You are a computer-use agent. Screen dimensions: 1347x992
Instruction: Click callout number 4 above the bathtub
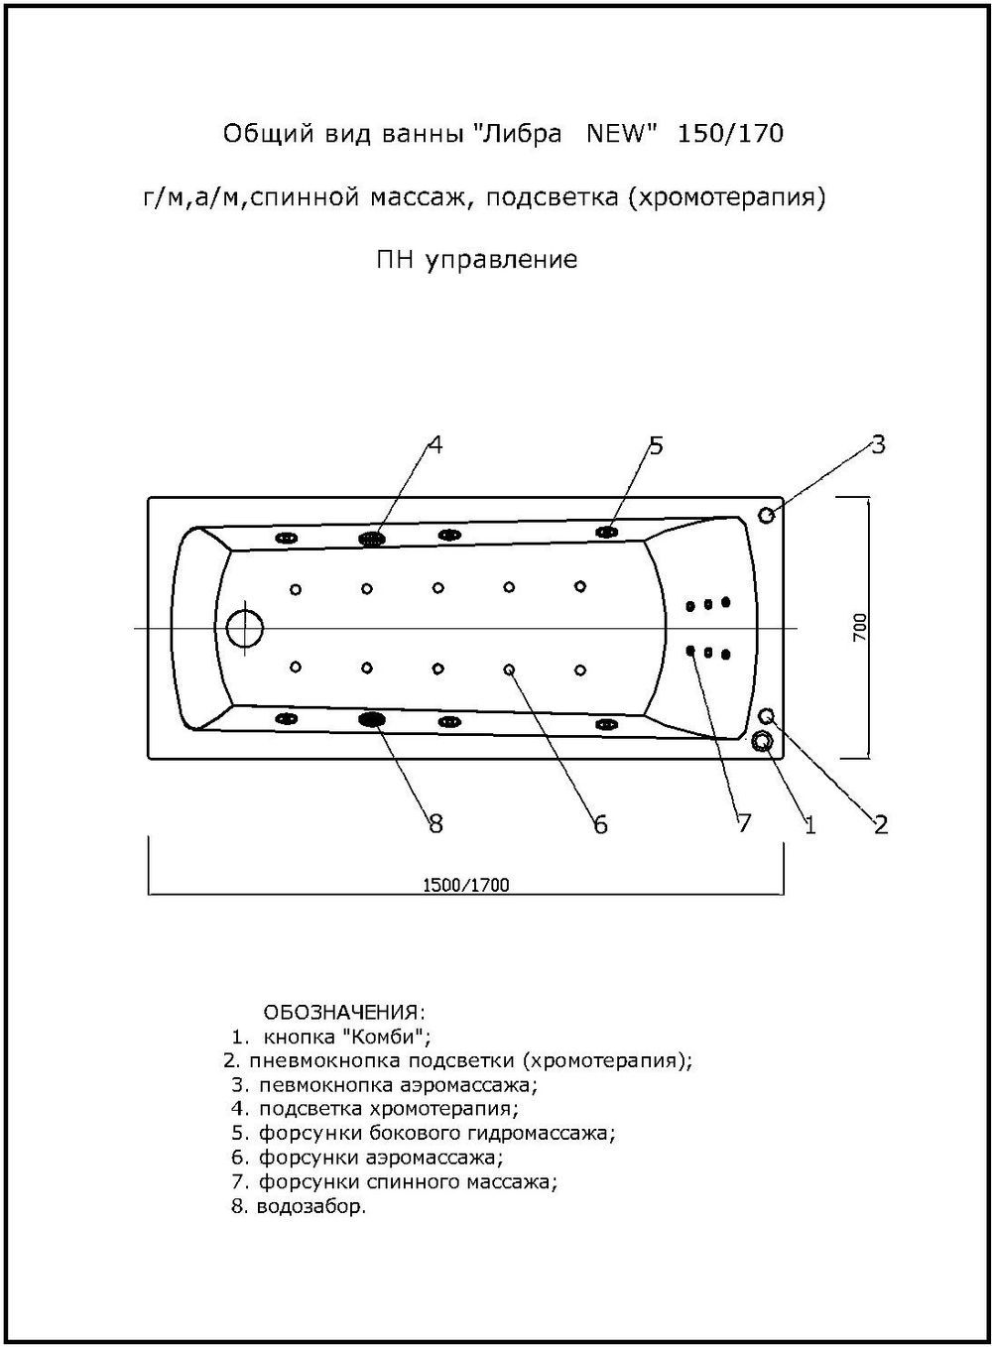[x=434, y=444]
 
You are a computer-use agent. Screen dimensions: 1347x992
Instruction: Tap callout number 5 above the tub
[x=656, y=444]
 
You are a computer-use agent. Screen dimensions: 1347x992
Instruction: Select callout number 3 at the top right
[x=878, y=443]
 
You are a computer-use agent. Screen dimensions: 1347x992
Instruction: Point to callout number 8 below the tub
[x=434, y=823]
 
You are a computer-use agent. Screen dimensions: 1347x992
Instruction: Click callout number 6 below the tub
[x=600, y=824]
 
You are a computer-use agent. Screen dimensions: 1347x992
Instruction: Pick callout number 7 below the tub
[x=744, y=823]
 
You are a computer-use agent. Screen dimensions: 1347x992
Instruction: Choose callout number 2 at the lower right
[x=880, y=823]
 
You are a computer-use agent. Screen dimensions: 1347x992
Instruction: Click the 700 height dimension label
[x=860, y=627]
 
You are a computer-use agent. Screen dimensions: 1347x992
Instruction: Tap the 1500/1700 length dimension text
[x=466, y=885]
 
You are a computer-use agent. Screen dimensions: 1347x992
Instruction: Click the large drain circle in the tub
[x=245, y=628]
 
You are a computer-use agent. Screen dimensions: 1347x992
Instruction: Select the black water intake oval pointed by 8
[x=372, y=719]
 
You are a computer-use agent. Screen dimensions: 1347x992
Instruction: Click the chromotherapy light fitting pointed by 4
[x=372, y=538]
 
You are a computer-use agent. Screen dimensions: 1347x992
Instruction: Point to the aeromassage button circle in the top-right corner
[x=767, y=515]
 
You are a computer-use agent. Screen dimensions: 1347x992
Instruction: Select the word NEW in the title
[x=617, y=133]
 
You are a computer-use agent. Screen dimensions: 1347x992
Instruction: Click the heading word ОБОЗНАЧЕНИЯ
[x=343, y=1013]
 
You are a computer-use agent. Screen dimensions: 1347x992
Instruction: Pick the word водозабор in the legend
[x=310, y=1207]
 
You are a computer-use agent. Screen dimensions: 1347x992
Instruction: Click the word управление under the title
[x=501, y=260]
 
